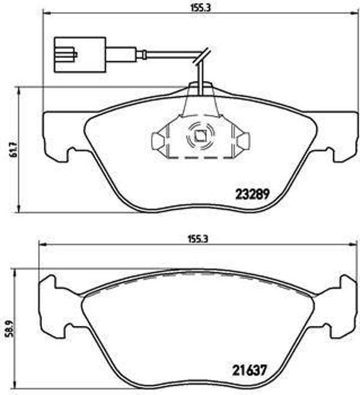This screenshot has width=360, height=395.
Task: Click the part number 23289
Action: (x=251, y=194)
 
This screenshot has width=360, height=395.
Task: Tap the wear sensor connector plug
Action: (x=80, y=55)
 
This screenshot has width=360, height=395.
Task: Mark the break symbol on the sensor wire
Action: (x=203, y=56)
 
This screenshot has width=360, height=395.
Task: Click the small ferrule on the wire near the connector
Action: (x=142, y=56)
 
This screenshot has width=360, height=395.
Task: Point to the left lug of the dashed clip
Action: (x=157, y=141)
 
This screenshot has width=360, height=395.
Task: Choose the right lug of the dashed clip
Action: (x=243, y=141)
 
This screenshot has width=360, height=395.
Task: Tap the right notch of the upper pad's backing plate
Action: (x=331, y=154)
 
